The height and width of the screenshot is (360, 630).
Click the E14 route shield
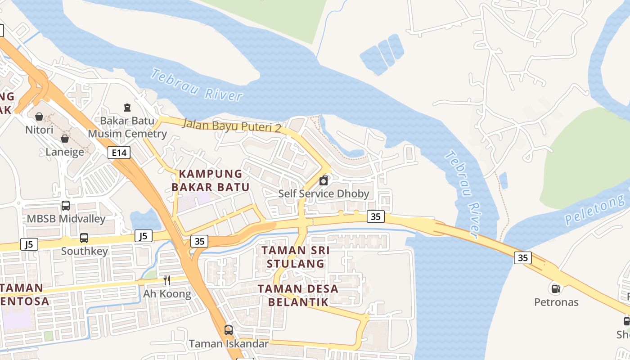[x=119, y=153]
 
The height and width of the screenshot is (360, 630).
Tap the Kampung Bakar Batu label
[x=211, y=180]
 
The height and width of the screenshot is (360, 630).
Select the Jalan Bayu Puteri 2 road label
[x=231, y=126]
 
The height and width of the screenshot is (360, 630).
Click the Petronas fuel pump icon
[x=556, y=288]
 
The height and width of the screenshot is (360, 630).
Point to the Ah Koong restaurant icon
[x=167, y=281]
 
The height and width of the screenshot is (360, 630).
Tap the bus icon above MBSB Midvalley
[x=66, y=206]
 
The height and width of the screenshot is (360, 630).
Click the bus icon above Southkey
[x=84, y=238]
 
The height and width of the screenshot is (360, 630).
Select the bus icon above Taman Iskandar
[x=229, y=330]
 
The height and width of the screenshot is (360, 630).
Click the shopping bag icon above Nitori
[x=39, y=117]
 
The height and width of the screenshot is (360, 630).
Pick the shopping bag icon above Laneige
[x=65, y=139]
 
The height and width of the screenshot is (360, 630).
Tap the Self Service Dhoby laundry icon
[x=324, y=181]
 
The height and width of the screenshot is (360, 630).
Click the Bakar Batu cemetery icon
[x=127, y=108]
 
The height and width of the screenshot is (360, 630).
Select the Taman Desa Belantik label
[x=298, y=295]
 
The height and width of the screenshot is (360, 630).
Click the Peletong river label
[x=596, y=209]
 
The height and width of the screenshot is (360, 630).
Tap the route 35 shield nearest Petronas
[x=522, y=258]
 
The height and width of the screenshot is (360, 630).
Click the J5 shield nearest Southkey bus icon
[x=143, y=236]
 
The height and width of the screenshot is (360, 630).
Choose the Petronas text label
[x=556, y=302]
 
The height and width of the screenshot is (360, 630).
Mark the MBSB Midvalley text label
[x=66, y=219]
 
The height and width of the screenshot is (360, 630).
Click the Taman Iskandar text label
[x=229, y=344]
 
